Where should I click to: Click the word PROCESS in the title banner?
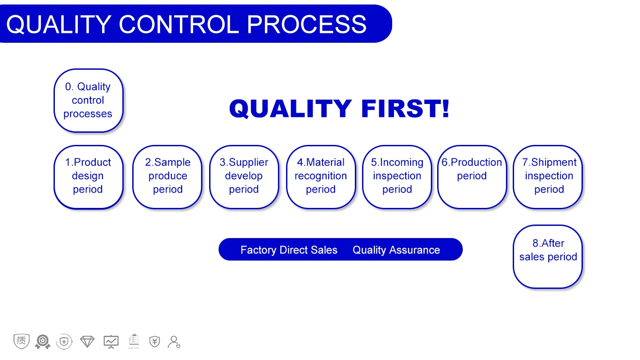[x=307, y=24]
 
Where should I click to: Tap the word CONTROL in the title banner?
[x=179, y=24]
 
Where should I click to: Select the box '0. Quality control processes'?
[x=89, y=101]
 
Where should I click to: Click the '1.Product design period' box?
[x=89, y=177]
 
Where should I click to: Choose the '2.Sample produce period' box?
[x=167, y=177]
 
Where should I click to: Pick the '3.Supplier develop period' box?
[x=244, y=177]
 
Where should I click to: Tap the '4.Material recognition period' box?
[x=321, y=177]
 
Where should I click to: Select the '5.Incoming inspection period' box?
[x=397, y=177]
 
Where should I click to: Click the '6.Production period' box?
[x=472, y=177]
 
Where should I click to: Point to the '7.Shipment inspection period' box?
[x=548, y=177]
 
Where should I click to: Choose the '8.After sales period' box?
[x=548, y=257]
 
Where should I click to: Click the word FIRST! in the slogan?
[x=405, y=108]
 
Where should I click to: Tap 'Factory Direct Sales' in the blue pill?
[x=289, y=250]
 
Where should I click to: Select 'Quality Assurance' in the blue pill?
[x=396, y=250]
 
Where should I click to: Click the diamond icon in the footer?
[x=87, y=342]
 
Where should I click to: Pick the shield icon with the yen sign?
[x=155, y=342]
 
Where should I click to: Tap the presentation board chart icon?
[x=111, y=342]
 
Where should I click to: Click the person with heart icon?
[x=174, y=342]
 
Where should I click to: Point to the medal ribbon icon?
[x=43, y=342]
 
